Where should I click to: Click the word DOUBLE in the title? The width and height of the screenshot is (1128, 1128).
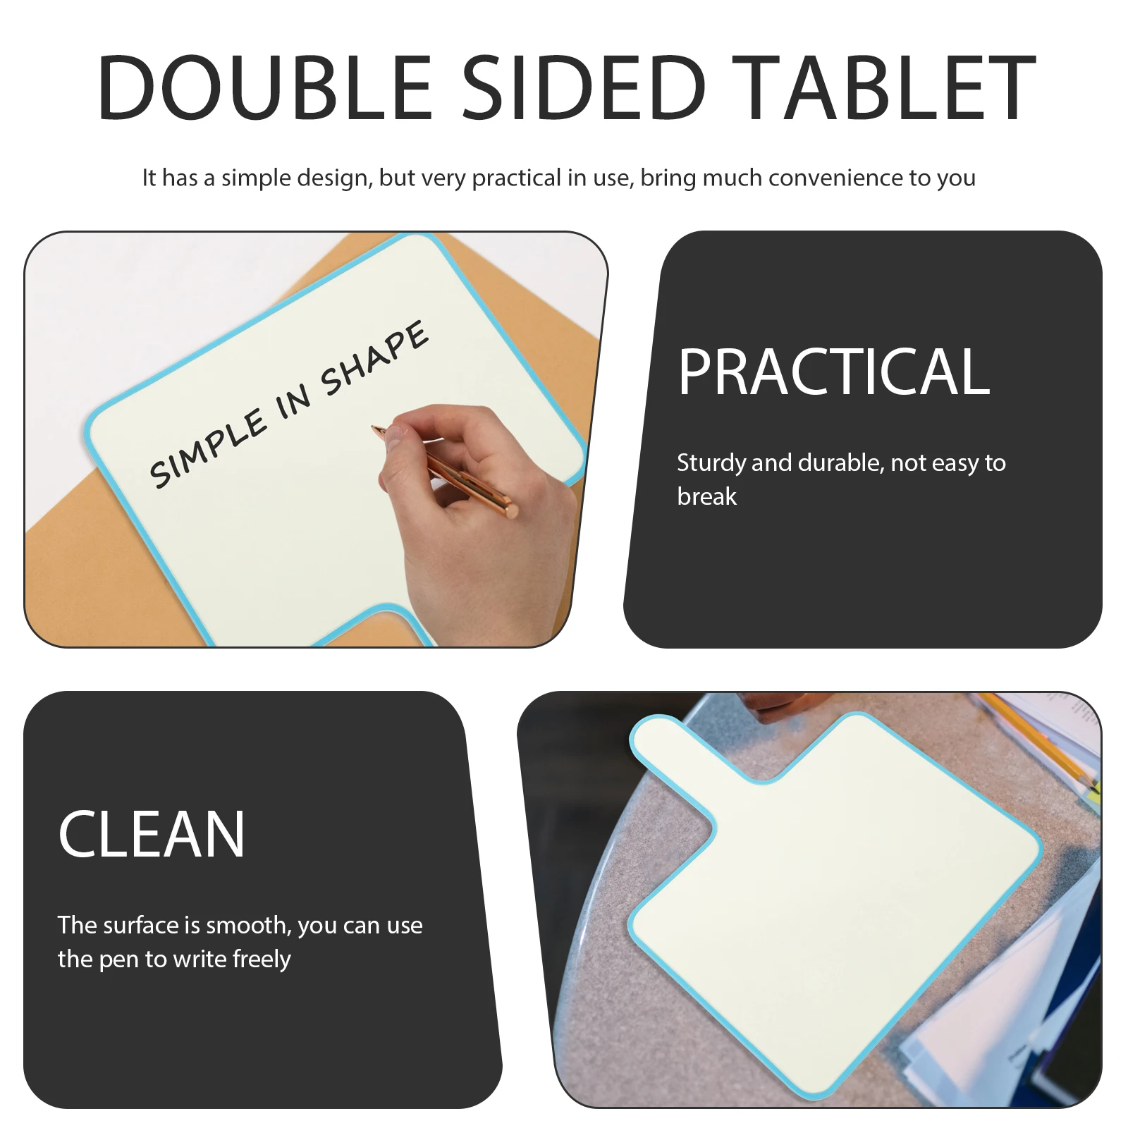[264, 87]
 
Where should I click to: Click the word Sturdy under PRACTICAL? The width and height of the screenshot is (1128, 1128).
[711, 463]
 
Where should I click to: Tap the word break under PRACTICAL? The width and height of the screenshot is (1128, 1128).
[706, 497]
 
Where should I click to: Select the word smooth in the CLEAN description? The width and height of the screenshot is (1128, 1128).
[247, 926]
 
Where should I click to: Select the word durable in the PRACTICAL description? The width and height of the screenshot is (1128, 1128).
[840, 463]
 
